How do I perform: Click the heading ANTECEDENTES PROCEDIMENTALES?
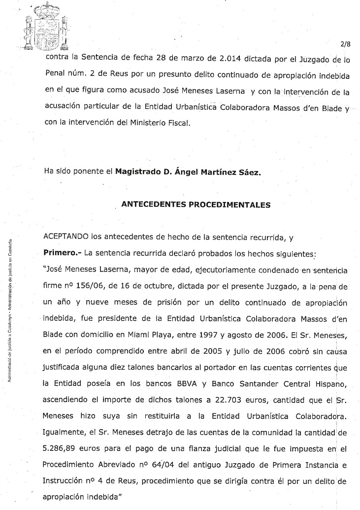point(196,205)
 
